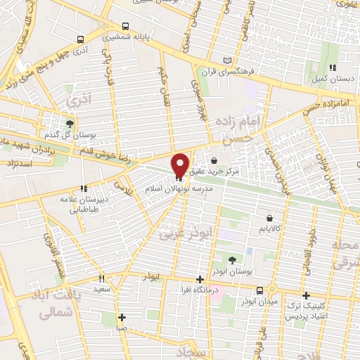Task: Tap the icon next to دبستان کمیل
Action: pyautogui.click(x=330, y=67)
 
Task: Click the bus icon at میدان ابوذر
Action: pyautogui.click(x=260, y=290)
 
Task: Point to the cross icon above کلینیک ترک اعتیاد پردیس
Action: pyautogui.click(x=305, y=295)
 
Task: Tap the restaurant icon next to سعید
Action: pyautogui.click(x=102, y=278)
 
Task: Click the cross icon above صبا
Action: pyautogui.click(x=122, y=316)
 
